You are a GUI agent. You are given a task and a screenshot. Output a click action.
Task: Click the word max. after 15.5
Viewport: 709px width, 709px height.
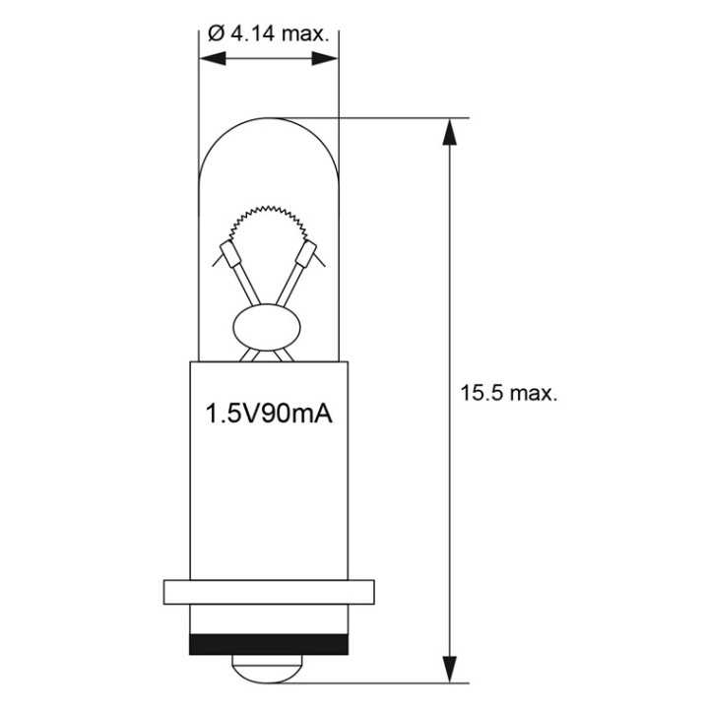click(x=535, y=392)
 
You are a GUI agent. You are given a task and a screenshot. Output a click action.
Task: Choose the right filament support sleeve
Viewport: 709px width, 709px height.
click(x=307, y=258)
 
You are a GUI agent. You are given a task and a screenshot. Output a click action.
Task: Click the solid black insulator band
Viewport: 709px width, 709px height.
click(x=269, y=643)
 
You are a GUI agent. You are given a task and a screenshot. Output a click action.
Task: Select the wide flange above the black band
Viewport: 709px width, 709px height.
click(x=269, y=591)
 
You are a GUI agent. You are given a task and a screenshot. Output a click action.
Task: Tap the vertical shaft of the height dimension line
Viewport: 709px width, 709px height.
click(x=450, y=295)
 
